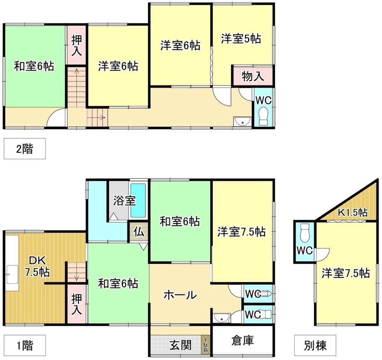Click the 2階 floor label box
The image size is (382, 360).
coord(24,148)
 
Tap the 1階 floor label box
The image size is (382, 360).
coord(24,345)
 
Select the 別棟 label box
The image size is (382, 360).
coord(315,345)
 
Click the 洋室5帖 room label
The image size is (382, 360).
coord(241,39)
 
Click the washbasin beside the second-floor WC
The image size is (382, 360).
coord(242,122)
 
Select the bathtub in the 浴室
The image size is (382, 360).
coord(138,200)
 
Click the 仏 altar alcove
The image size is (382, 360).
coord(138,232)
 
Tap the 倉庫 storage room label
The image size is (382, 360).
coord(242,340)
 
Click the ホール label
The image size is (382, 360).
coord(180,295)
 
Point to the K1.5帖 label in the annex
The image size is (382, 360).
coord(352,212)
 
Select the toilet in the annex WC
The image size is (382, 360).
coord(305,233)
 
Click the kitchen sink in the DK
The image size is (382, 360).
coord(12,275)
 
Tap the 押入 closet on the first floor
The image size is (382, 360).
coord(76,304)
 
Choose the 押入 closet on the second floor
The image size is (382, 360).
coord(76,45)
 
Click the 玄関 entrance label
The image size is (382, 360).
coord(180,345)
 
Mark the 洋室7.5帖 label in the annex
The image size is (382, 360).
coord(346,273)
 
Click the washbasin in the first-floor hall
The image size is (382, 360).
coord(221,318)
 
